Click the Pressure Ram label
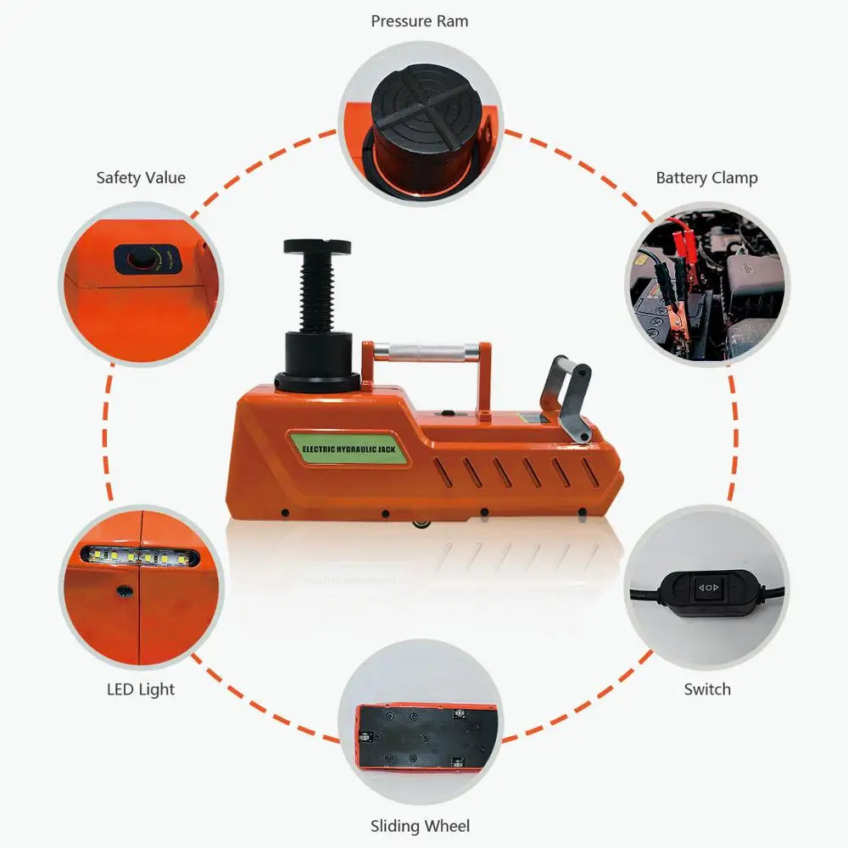point(420,21)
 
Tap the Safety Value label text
point(141,177)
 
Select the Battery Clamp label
point(706,177)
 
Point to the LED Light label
point(141,689)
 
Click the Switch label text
point(707,689)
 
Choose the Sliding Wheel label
point(420,826)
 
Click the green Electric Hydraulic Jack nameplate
point(349,449)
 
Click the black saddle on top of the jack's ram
point(317,246)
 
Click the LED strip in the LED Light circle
point(141,556)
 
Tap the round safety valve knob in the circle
point(140,259)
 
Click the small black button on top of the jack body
point(448,413)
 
